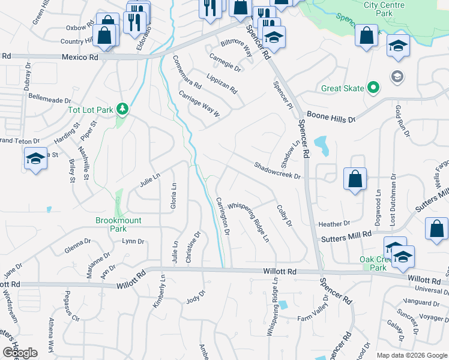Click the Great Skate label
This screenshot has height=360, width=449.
click(x=342, y=88)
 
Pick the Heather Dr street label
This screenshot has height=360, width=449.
click(x=334, y=224)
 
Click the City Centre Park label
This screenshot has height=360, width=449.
click(x=383, y=8)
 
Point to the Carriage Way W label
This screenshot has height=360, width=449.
click(x=200, y=105)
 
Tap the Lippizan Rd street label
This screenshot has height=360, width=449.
click(x=221, y=84)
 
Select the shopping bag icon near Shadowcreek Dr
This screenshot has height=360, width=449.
click(x=355, y=178)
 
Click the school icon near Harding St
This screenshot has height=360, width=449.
click(x=35, y=159)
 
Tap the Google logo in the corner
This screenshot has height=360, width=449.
click(x=20, y=353)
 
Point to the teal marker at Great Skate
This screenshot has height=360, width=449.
click(x=373, y=88)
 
